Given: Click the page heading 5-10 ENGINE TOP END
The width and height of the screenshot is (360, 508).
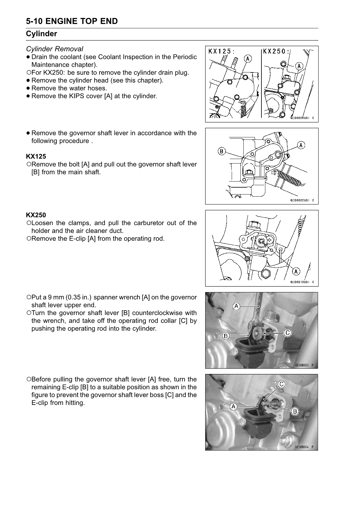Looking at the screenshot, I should (72, 21).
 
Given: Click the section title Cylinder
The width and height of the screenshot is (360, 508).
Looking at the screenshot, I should (41, 34).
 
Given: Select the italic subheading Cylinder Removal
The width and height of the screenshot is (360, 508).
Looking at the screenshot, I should (55, 49).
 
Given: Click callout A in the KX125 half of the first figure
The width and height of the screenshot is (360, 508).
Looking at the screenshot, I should (247, 58).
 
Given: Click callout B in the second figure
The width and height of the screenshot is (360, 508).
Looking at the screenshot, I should (221, 151).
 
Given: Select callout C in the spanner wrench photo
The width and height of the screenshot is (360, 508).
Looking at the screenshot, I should (287, 332).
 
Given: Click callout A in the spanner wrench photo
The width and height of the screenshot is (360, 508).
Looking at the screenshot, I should (236, 306).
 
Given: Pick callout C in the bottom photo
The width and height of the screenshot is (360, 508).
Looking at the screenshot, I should (282, 384).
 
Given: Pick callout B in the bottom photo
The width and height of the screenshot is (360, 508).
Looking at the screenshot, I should (295, 412).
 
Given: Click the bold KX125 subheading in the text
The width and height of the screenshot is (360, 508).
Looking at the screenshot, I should (36, 156).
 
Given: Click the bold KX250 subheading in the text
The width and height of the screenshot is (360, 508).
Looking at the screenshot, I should (36, 215).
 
